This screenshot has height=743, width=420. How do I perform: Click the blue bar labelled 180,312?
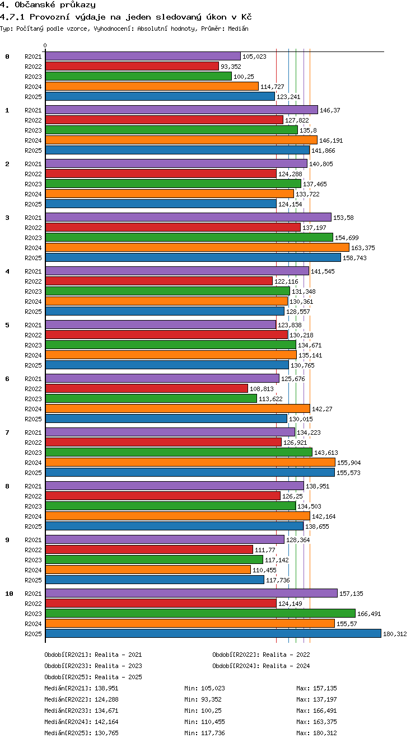coord(213,633)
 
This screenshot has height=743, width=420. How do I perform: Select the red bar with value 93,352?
coord(132,67)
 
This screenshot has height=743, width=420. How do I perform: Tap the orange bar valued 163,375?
coord(197,247)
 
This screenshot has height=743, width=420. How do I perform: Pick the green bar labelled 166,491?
coord(200,613)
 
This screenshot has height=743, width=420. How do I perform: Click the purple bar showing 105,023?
coord(143,57)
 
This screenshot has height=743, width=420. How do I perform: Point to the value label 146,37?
coord(330,110)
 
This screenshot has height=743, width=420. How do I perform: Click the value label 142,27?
coord(322,410)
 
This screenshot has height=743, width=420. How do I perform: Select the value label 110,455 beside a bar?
coord(264,570)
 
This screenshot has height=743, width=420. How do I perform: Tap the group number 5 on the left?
coord(7,326)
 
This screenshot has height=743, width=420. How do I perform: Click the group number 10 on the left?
coord(9,594)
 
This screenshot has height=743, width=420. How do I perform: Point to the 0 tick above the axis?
coord(45,45)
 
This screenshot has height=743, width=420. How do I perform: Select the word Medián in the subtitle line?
coord(238,29)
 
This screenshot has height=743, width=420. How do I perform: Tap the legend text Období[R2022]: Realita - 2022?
coord(261,655)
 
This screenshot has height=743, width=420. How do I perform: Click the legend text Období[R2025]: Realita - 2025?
coord(93,677)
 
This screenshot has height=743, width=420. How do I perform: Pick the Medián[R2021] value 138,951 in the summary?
coord(106,688)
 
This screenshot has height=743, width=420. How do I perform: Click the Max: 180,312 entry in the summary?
coord(316,733)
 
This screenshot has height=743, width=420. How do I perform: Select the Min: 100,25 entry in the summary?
coord(203,711)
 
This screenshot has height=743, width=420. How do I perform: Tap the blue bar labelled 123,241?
coord(160,97)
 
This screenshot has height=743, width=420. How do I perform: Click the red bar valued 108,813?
coord(146,388)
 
